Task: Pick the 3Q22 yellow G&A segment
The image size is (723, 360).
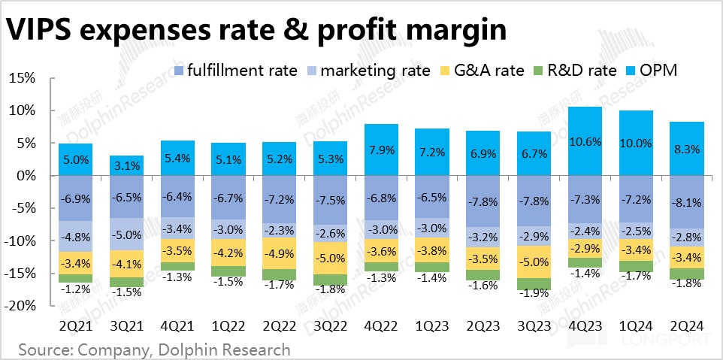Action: point(330,258)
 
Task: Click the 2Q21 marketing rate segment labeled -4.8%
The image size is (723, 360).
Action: point(75,236)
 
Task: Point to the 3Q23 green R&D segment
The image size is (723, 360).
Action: point(534,283)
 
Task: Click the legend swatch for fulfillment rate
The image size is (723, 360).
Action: point(178,71)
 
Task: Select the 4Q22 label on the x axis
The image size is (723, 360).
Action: point(380,325)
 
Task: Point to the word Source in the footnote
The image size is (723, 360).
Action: point(47,349)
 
